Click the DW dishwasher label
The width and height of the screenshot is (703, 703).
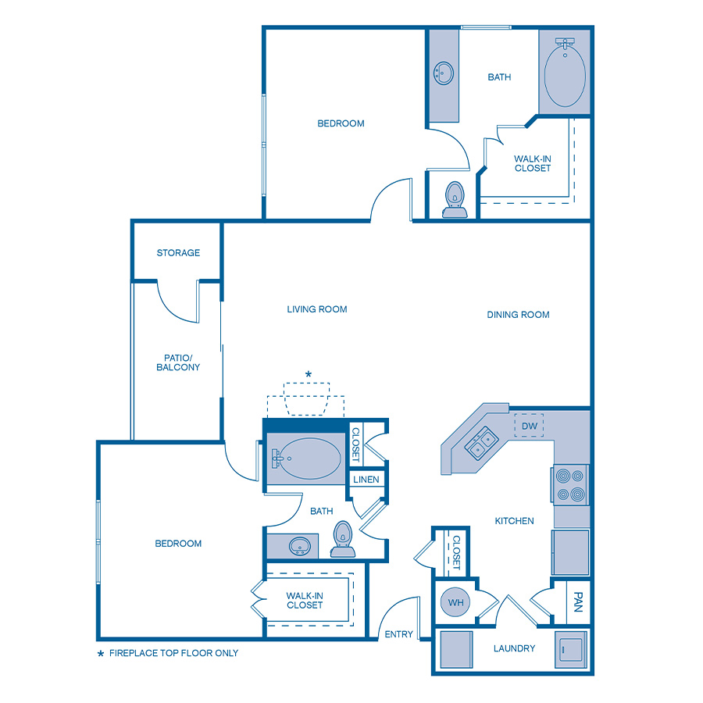(529, 426)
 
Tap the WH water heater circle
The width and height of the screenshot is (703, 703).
(455, 602)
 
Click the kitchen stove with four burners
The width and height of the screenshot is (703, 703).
(571, 484)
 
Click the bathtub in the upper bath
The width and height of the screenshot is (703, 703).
(565, 77)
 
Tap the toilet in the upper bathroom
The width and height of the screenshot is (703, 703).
(454, 200)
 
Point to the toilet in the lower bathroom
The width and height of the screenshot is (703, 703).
(343, 539)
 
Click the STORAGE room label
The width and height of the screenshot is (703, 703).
(178, 253)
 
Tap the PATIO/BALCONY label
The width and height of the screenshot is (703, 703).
(178, 362)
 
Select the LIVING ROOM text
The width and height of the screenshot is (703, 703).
(317, 309)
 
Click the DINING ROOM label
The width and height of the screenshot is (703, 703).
(518, 315)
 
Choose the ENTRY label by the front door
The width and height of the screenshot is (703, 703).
(398, 634)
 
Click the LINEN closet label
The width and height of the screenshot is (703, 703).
(366, 480)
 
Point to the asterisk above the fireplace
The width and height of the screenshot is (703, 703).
(308, 375)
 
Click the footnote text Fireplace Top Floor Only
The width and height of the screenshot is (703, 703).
(173, 653)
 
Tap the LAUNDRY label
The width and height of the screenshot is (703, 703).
(514, 648)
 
